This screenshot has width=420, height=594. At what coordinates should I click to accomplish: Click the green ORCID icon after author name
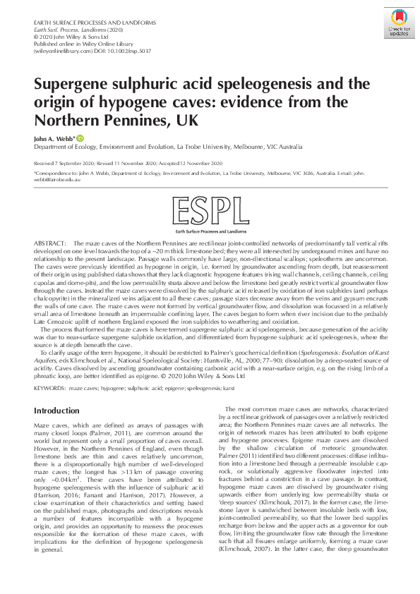point(80,138)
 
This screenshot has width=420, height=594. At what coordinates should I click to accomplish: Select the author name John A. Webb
point(54,139)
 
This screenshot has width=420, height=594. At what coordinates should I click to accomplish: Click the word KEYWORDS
point(50,388)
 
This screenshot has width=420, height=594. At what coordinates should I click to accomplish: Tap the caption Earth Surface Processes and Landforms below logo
point(209,231)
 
